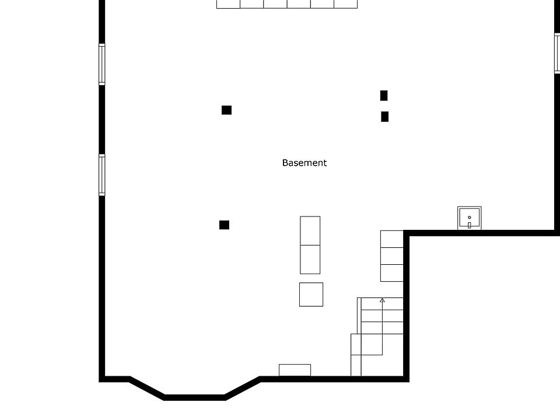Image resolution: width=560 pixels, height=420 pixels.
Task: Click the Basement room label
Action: click(x=304, y=163)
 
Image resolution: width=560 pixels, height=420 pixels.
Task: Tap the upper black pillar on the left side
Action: click(x=226, y=110)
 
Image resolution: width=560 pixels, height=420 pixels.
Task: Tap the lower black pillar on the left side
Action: click(x=224, y=225)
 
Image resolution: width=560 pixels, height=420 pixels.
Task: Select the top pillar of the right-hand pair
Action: click(x=384, y=96)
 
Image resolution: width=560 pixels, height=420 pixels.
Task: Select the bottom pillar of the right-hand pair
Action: click(x=384, y=117)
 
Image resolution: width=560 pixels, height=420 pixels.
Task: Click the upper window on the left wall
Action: click(x=102, y=64)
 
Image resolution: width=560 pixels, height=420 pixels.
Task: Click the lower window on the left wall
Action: click(x=102, y=174)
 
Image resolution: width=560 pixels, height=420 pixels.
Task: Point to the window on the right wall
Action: click(x=557, y=52)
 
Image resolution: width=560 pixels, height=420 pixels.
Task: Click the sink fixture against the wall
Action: click(x=469, y=218)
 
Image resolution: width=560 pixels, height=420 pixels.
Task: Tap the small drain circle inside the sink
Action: click(x=469, y=218)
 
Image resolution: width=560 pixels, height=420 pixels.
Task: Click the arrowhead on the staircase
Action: click(x=382, y=300)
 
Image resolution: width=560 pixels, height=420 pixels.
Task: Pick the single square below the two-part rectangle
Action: click(x=311, y=295)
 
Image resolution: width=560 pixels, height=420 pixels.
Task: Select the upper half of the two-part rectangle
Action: click(x=310, y=230)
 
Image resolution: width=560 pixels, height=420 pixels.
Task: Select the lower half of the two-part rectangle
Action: click(x=310, y=260)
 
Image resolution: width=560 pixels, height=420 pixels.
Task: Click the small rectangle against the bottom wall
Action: click(x=295, y=370)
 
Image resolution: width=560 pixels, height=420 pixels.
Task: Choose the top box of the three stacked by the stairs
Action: click(x=391, y=239)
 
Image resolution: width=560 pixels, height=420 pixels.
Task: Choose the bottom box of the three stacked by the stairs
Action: click(x=391, y=273)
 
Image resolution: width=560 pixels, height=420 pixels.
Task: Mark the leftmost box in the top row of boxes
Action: click(x=228, y=4)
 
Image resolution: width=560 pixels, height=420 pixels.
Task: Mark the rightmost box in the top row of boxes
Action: click(x=346, y=4)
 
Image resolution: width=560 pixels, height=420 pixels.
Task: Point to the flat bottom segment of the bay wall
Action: click(x=195, y=398)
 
